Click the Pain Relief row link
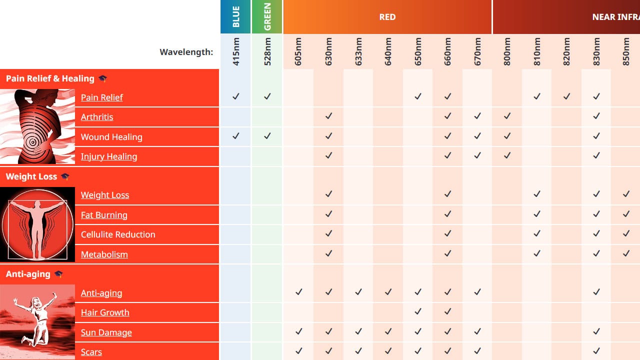[102, 97]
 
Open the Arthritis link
[97, 117]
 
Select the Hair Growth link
[105, 312]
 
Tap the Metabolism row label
[104, 254]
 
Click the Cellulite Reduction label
[118, 234]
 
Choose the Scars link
[91, 352]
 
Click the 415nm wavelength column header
[236, 52]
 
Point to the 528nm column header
[267, 52]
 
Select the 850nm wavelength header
[626, 52]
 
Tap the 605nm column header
[298, 52]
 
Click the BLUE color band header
[236, 17]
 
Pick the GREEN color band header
[267, 17]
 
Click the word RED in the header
[387, 17]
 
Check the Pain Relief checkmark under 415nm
[236, 96]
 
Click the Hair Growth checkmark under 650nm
[418, 311]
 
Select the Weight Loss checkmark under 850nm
[626, 194]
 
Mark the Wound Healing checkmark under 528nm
[267, 136]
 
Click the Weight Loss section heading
[31, 176]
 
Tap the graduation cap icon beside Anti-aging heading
[58, 274]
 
